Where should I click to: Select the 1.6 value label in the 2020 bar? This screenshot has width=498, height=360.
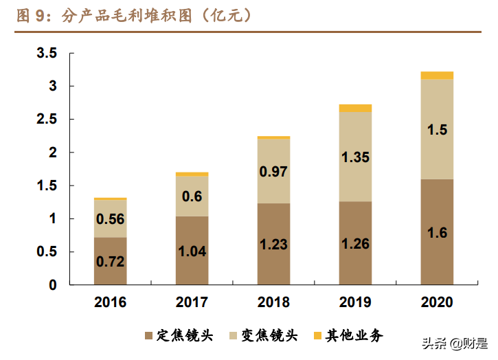click(x=437, y=234)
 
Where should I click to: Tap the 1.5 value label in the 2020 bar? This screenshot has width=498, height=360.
click(x=437, y=130)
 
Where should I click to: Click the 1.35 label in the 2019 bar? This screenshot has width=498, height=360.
click(x=355, y=157)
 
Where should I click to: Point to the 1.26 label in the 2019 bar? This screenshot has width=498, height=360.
click(x=355, y=243)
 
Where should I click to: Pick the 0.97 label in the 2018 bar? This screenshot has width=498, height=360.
click(x=273, y=171)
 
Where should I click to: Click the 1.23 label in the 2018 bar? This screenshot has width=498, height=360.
click(x=273, y=244)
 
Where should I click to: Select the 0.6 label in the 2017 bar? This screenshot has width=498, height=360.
click(x=192, y=196)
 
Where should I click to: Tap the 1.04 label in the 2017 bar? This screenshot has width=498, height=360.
click(x=192, y=251)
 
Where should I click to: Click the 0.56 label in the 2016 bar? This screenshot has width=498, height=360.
click(x=110, y=220)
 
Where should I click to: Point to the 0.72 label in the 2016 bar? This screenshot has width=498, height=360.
click(x=110, y=261)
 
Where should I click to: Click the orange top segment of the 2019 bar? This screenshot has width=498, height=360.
click(x=355, y=108)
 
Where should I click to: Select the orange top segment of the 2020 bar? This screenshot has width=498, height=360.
click(x=437, y=76)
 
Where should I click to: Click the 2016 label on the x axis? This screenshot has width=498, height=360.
click(x=110, y=302)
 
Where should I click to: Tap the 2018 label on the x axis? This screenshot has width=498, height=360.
click(x=273, y=302)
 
